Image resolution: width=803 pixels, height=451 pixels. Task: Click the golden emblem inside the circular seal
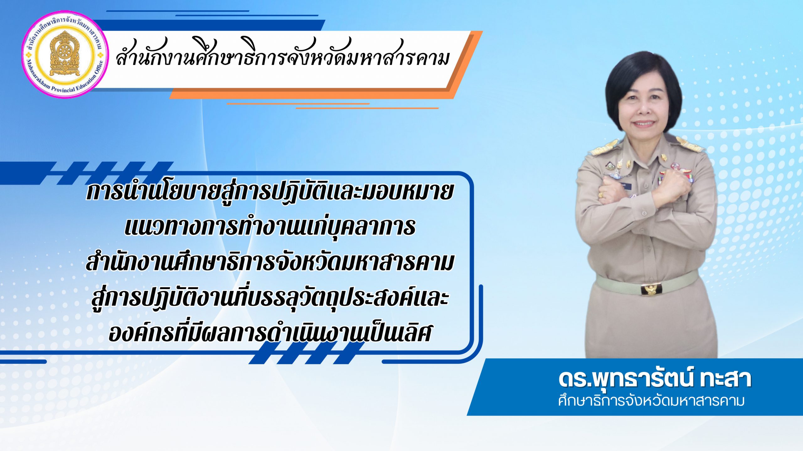65,54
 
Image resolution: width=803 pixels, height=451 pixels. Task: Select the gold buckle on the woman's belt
651,289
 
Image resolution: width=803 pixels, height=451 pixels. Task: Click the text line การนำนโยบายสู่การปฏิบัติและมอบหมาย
270,192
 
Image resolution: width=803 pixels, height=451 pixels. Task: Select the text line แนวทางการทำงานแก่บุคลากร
270,227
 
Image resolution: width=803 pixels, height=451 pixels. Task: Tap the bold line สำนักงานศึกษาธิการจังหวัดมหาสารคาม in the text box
270,262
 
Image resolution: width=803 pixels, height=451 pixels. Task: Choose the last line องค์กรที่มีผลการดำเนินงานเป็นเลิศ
270,333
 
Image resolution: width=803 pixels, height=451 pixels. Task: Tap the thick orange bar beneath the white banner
314,93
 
